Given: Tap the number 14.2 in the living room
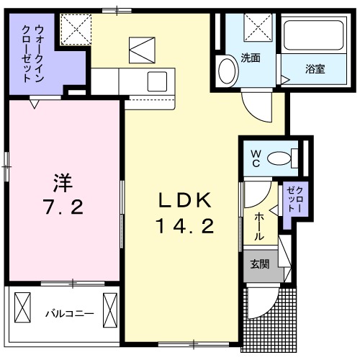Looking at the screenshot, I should (x=183, y=227).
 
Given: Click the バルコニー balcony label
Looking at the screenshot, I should (x=69, y=313).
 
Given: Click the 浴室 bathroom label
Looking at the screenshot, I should (x=314, y=69).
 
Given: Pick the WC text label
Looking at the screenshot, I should (x=256, y=157).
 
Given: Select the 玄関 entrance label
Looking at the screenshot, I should (x=260, y=264).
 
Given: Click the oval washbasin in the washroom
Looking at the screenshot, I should (x=226, y=72).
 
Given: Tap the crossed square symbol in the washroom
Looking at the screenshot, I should (x=257, y=30).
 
